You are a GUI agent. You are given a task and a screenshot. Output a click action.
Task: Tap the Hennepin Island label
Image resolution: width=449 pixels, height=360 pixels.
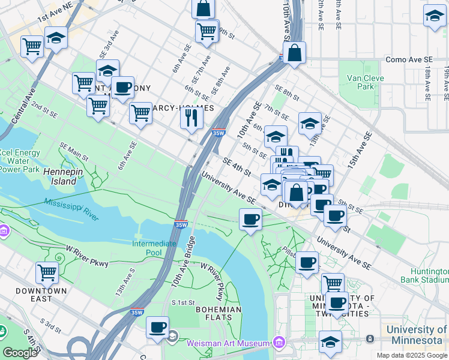60,176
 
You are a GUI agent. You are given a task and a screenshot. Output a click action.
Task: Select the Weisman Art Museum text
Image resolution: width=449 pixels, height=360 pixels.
228,343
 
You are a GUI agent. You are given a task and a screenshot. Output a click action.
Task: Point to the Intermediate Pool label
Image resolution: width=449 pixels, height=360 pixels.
154,248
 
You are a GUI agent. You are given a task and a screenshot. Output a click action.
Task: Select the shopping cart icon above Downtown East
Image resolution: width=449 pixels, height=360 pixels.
47,272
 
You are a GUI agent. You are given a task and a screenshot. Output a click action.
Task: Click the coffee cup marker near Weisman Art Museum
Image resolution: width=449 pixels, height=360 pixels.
158,327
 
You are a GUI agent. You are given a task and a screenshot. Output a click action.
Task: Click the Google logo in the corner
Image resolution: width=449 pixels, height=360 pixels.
20,353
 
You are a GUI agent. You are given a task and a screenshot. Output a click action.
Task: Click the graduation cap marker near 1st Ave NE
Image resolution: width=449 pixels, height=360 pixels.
56,38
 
